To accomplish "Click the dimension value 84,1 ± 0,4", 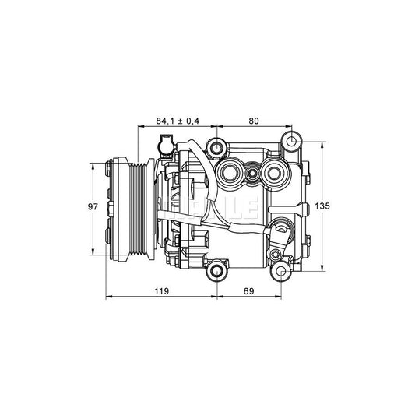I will (x=177, y=121).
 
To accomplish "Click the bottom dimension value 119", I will (x=162, y=291).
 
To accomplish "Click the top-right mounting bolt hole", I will (x=291, y=142).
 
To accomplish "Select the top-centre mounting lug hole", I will (x=216, y=146).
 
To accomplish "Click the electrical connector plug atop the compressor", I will (x=164, y=145).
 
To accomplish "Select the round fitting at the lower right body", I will (x=280, y=230).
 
